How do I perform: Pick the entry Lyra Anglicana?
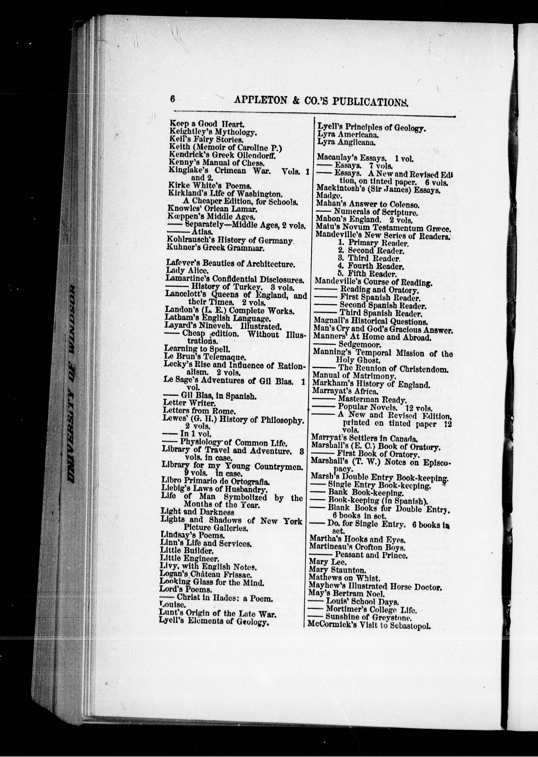[346, 142]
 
